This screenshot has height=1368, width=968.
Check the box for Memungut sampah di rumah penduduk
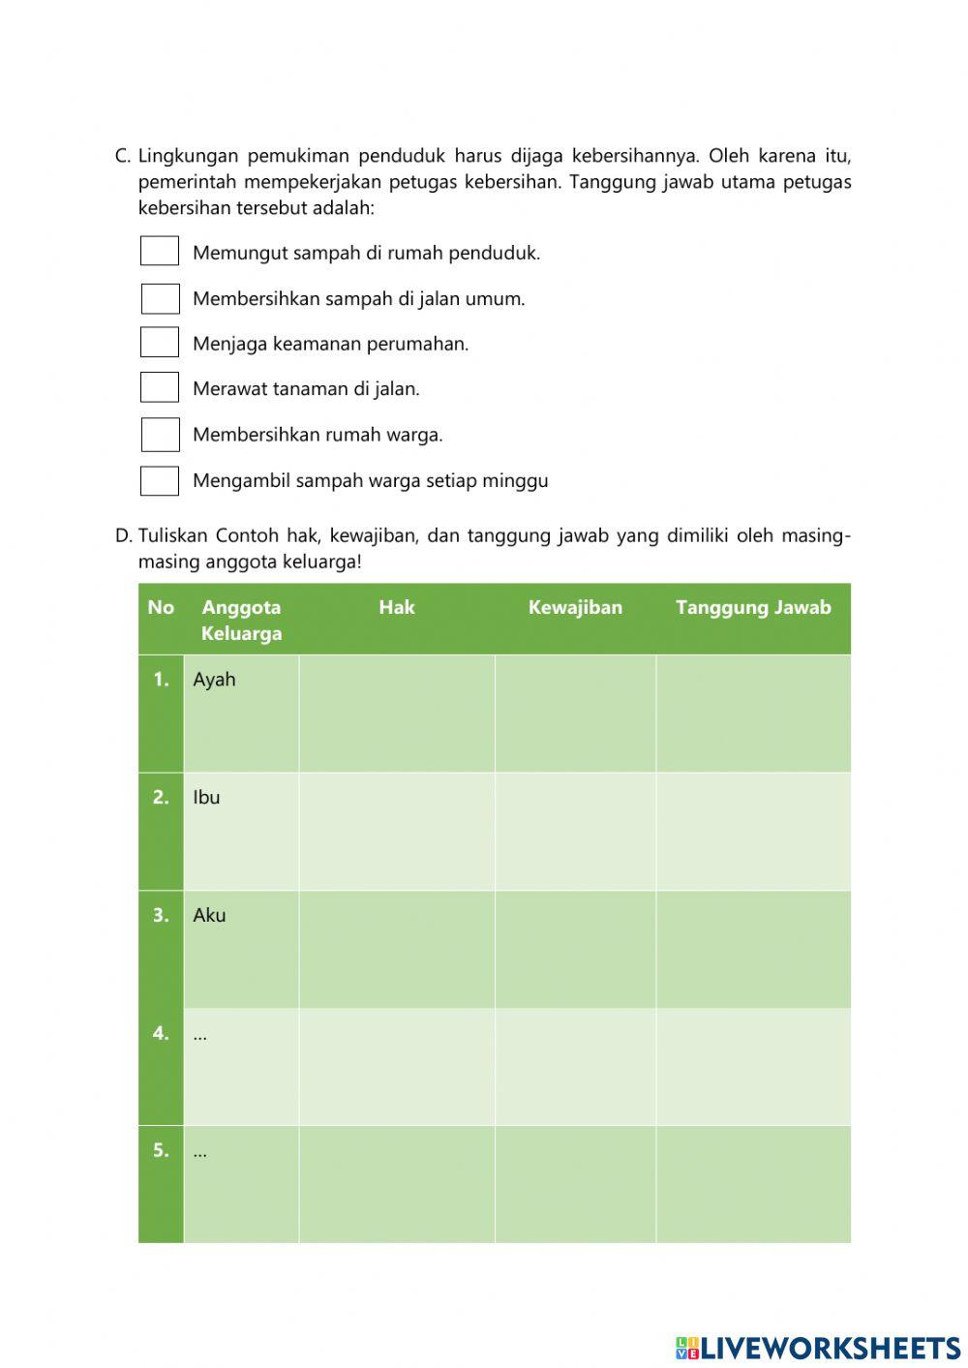(160, 252)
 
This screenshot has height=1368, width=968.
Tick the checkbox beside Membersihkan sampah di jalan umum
(161, 298)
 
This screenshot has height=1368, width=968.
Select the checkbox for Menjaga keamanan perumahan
(160, 343)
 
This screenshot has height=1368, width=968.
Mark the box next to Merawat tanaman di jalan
(160, 388)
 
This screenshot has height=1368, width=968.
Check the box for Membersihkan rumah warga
(161, 435)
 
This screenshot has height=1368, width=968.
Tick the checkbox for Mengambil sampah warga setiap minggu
(160, 481)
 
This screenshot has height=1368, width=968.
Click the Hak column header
(397, 608)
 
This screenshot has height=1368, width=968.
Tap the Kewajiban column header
(575, 608)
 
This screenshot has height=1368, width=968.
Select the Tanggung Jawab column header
(753, 608)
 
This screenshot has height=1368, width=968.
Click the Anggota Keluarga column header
(241, 621)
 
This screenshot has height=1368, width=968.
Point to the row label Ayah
(214, 680)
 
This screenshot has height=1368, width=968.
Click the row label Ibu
(206, 798)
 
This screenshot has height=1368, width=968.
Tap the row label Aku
(209, 916)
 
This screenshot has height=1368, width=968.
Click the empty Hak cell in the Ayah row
(397, 714)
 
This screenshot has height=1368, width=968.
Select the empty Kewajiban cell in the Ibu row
(575, 832)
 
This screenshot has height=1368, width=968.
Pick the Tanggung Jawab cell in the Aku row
(753, 950)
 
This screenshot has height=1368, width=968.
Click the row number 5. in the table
(161, 1151)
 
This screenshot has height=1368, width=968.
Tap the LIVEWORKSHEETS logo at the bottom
(818, 1348)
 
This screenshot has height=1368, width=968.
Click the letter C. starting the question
(122, 156)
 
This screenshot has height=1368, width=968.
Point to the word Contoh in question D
(247, 536)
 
